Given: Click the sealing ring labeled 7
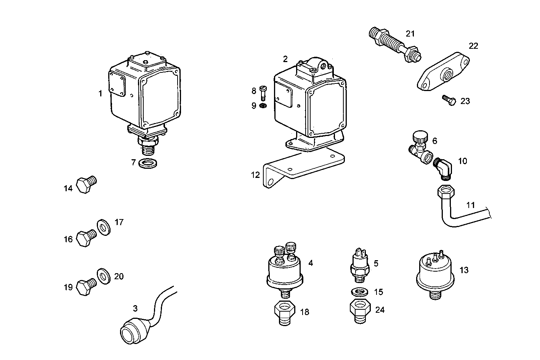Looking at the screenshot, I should pos(148,163).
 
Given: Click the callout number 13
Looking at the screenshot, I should pos(464,270).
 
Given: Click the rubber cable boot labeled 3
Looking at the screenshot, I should pos(132,331).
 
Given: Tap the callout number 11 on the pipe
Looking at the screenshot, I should pos(471,205).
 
